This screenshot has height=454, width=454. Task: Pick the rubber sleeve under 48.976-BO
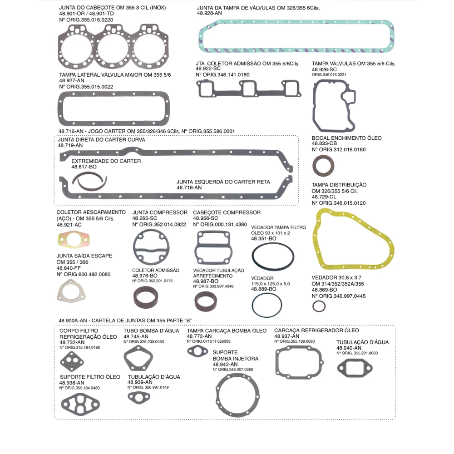(x=146, y=297)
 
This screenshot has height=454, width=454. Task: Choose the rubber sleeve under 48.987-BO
(x=206, y=301)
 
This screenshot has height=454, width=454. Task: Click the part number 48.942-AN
(x=225, y=364)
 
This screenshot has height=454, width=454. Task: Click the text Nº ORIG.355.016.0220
(x=86, y=20)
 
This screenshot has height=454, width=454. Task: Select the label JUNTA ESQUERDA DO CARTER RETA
(x=223, y=182)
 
